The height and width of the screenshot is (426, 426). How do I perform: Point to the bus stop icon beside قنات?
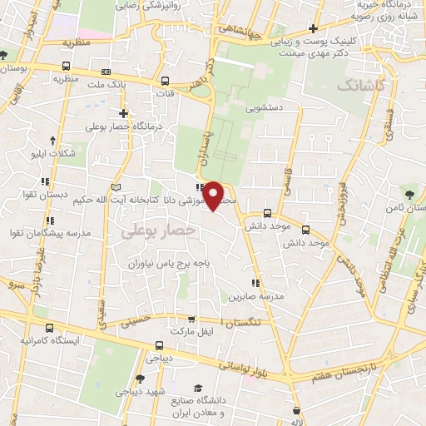(x=166, y=82)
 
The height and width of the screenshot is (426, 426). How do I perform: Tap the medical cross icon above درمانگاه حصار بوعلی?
(x=123, y=113)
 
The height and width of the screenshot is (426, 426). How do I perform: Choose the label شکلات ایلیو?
(x=52, y=153)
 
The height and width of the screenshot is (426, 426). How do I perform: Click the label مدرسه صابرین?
(x=258, y=296)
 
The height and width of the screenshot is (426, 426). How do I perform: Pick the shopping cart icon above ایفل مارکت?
(x=192, y=319)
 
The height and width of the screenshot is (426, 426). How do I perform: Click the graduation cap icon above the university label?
(x=198, y=389)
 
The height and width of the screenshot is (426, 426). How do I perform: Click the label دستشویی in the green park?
(x=266, y=107)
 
